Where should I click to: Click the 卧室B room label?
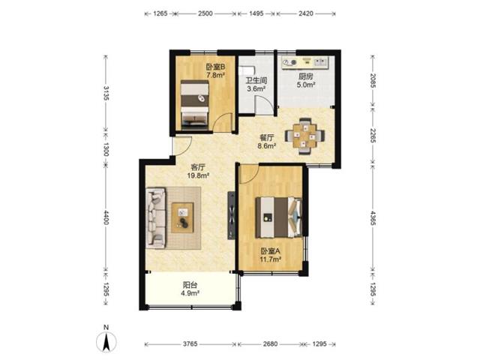215,67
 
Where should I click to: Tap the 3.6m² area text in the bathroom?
256,89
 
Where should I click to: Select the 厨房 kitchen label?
306,76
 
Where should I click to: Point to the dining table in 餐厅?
304,135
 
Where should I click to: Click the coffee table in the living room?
182,217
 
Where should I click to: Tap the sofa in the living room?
156,217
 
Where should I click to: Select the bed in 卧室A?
279,217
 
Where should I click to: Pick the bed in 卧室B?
195,104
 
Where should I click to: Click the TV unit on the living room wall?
232,215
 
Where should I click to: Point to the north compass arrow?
106,342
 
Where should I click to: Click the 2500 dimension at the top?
205,13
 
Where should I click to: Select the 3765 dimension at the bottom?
190,344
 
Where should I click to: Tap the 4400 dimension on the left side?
106,217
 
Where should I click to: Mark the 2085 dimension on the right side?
373,80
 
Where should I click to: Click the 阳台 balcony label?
190,285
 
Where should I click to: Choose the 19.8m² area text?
198,175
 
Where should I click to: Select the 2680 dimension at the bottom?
270,344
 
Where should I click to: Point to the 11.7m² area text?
271,260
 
